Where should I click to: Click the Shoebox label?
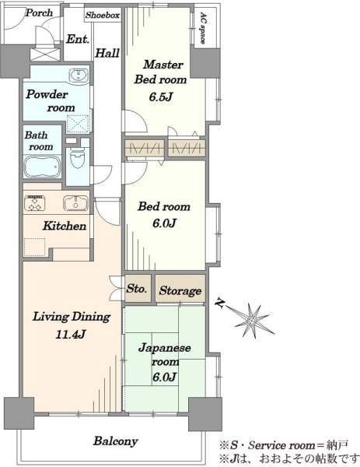pos(103,16)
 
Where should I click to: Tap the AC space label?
pos(202,28)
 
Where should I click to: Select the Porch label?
pos(39,13)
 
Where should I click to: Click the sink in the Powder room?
pos(79,75)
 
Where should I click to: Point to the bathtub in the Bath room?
pos(42,167)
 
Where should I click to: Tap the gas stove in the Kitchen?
pos(34,203)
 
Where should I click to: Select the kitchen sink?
pos(75,203)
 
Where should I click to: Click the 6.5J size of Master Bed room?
pos(161,97)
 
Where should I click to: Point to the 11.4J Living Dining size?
pos(71,335)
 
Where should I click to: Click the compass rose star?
pos(252,321)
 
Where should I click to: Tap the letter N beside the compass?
pos(220,304)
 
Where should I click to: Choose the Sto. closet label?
pos(137,288)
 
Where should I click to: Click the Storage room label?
pos(180,290)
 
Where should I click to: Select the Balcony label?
pos(115,441)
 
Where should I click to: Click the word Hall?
pos(107,53)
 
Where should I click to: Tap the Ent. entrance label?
pos(77,39)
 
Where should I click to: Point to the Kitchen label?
pos(65,226)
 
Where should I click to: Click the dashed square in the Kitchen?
pos(34,247)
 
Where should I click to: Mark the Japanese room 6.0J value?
pos(165,377)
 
